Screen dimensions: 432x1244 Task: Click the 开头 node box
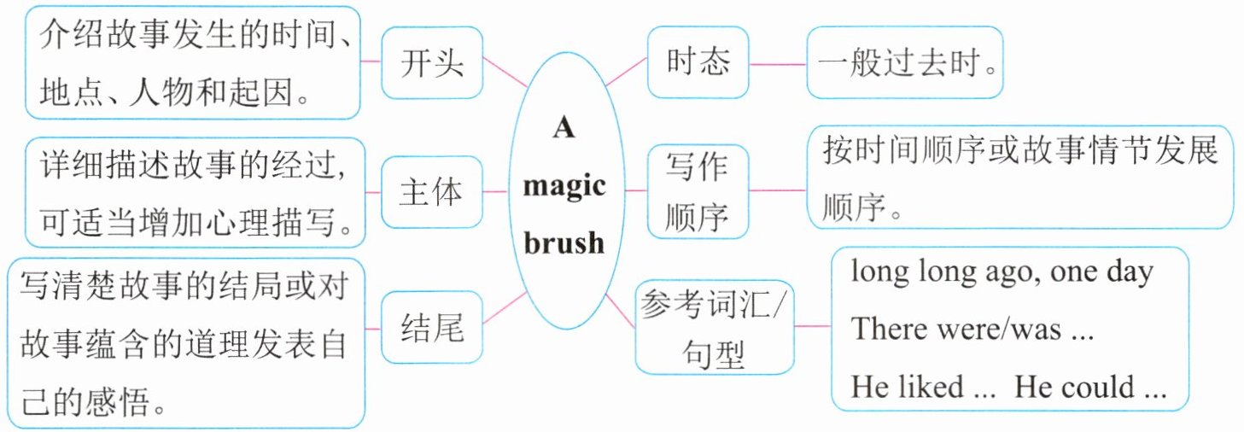tap(432, 62)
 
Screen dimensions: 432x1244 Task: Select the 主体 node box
tap(432, 191)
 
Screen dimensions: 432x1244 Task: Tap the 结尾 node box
tap(432, 329)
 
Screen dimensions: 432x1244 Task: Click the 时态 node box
tap(698, 62)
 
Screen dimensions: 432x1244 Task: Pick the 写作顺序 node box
tap(698, 191)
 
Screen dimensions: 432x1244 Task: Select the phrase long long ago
tap(937, 272)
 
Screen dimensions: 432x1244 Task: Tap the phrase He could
tap(1076, 387)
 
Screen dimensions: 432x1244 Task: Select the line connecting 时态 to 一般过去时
tap(777, 64)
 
